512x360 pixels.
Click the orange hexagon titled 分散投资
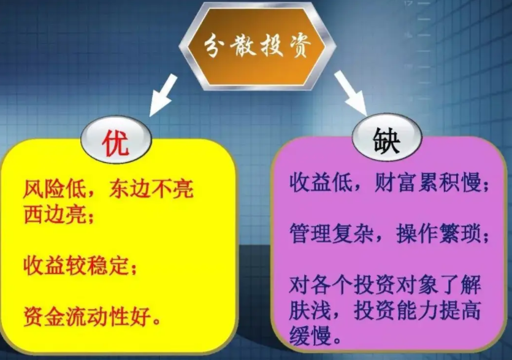[257, 46]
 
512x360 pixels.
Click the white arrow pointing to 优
[163, 94]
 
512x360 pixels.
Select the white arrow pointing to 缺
[351, 93]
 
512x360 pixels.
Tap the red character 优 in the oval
[116, 144]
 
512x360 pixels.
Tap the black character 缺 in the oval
[387, 140]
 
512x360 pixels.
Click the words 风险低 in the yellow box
[54, 189]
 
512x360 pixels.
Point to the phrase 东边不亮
[151, 189]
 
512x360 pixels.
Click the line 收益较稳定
[76, 266]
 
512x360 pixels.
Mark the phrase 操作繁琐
[438, 234]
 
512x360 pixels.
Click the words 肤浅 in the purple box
[310, 311]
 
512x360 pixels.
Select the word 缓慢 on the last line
[310, 336]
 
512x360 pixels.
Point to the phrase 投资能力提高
[417, 311]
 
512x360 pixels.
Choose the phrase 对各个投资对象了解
[385, 285]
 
